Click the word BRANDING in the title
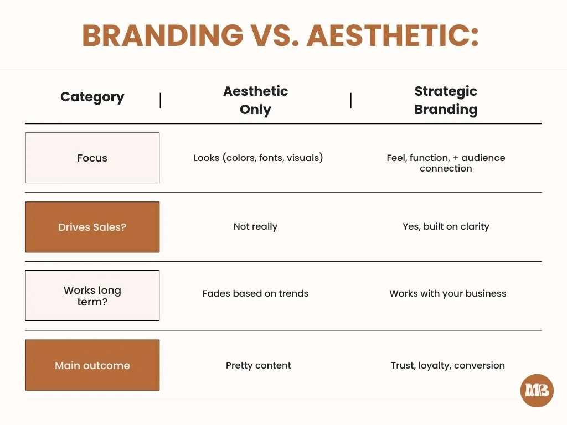point(162,36)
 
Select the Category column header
point(92,97)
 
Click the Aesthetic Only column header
point(255,100)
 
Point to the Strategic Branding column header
point(446,100)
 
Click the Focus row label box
point(92,158)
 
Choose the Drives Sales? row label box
point(92,227)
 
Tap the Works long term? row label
point(92,296)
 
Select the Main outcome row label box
point(92,365)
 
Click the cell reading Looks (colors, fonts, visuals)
point(258,158)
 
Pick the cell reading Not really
point(255,226)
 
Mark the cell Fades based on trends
point(255,293)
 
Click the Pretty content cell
point(258,365)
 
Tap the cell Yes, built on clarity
point(446,226)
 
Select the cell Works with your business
point(447,293)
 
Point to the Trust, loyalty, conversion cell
point(447,365)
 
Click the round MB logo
point(537,391)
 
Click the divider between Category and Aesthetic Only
point(161,100)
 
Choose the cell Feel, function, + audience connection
point(446,163)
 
